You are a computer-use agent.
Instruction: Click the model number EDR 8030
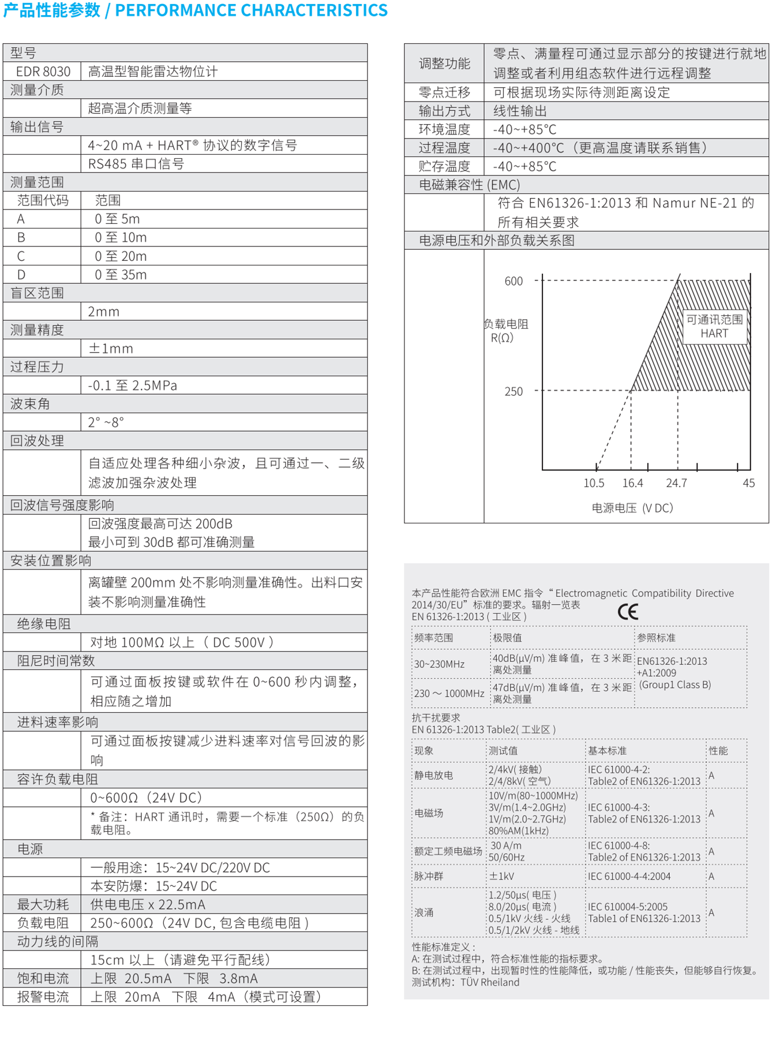pos(43,72)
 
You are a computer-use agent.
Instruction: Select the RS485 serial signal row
pos(136,164)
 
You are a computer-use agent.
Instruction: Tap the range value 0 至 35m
pos(121,275)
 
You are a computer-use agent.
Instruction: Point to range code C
pos(21,256)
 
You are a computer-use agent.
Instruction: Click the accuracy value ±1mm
pos(111,349)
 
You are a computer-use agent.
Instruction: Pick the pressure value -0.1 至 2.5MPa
pos(132,385)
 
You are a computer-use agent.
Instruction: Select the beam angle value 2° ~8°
pos(106,422)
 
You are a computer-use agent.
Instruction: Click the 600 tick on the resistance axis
pos(514,282)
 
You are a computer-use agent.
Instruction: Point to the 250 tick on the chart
pos(514,392)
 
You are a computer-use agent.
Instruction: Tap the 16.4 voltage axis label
pos(632,483)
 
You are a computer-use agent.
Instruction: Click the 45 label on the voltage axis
pos(748,483)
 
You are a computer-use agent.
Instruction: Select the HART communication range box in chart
pos(714,327)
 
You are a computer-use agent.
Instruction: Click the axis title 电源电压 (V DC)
pos(632,508)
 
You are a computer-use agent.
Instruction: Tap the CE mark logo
pos(628,612)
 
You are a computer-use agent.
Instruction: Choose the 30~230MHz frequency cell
pos(439,664)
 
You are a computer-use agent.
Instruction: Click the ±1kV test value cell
pos(501,876)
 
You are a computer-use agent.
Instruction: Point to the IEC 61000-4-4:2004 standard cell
pos(629,876)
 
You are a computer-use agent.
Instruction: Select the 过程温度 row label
pos(444,148)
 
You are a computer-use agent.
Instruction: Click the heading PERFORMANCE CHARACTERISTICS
pos(252,10)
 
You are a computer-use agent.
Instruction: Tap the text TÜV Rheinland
pos(490,982)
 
